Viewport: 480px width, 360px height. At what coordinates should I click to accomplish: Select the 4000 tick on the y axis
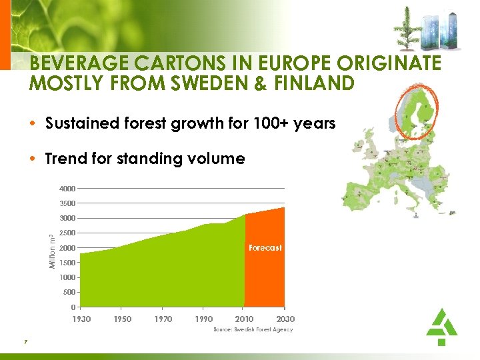point(66,189)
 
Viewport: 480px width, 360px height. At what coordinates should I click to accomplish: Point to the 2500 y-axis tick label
point(66,233)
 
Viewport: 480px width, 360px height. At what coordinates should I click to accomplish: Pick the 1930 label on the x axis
point(81,319)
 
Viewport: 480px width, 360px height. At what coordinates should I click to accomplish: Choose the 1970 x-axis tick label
point(163,319)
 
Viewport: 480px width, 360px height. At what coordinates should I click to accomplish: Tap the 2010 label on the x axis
point(245,319)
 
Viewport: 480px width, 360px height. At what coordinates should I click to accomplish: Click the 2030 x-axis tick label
point(285,319)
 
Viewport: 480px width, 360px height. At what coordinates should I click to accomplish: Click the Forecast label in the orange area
point(265,247)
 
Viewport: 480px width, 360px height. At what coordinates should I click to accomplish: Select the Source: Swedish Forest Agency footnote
point(253,330)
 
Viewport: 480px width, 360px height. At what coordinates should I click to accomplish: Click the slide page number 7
point(25,342)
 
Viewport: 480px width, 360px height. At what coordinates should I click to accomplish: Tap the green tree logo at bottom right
point(441,326)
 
